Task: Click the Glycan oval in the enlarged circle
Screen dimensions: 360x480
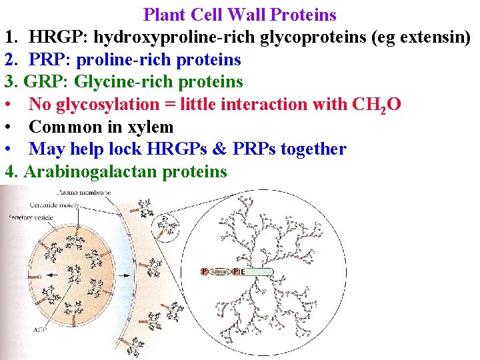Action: coord(221,272)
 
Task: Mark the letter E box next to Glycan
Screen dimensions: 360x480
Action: coord(243,272)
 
